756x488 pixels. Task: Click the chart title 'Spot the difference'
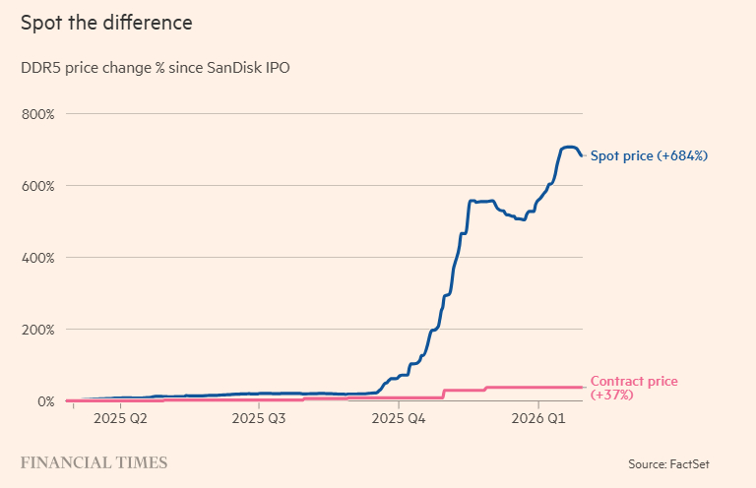pyautogui.click(x=106, y=22)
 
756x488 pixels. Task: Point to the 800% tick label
pyautogui.click(x=37, y=114)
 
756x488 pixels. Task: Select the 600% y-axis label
pyautogui.click(x=37, y=186)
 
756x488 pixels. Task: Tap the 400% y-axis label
pyautogui.click(x=37, y=258)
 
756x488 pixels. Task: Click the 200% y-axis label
pyautogui.click(x=37, y=330)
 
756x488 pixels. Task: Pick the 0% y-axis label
pyautogui.click(x=44, y=401)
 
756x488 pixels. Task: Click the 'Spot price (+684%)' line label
pyautogui.click(x=649, y=155)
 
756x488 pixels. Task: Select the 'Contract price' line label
pyautogui.click(x=634, y=382)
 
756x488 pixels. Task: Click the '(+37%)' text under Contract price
pyautogui.click(x=611, y=395)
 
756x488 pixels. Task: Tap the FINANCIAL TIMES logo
pyautogui.click(x=94, y=462)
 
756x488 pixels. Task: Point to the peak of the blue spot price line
pyautogui.click(x=568, y=147)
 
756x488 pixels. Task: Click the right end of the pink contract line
pyautogui.click(x=582, y=388)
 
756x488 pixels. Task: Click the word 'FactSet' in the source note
pyautogui.click(x=711, y=463)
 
